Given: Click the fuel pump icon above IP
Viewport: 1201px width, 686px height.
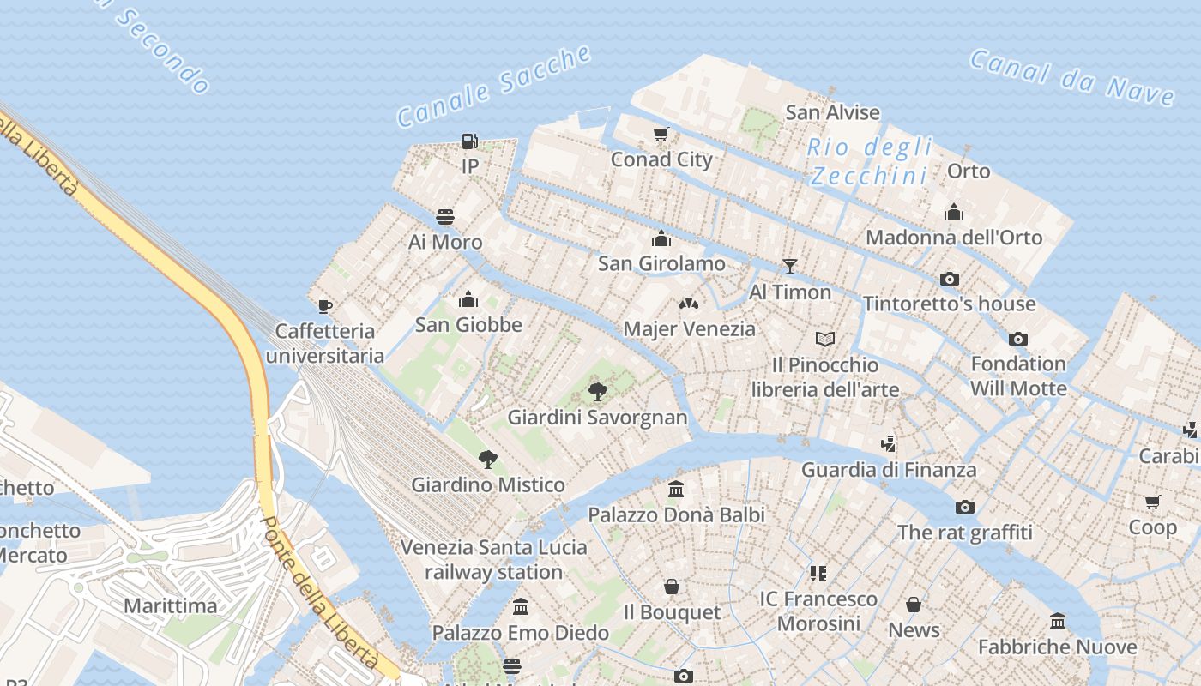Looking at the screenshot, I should tap(469, 141).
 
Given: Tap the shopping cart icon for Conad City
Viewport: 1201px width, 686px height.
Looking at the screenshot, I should tap(661, 134).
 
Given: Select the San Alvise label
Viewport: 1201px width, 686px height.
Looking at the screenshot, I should tap(833, 112).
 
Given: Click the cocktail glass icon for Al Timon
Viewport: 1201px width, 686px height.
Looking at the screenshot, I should tap(790, 266).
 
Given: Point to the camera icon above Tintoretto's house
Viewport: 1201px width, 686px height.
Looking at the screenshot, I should tap(950, 279).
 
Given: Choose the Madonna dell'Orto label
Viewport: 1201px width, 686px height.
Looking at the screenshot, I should tap(954, 238).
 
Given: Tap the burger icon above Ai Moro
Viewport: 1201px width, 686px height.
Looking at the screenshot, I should tap(445, 216).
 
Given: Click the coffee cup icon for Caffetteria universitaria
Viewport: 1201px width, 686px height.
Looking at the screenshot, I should tap(325, 305).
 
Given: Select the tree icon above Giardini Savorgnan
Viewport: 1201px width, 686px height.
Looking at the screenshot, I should tap(598, 392).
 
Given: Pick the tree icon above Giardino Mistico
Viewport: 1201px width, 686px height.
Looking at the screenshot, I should tap(488, 459).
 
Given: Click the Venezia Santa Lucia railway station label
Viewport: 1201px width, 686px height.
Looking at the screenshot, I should tap(494, 559).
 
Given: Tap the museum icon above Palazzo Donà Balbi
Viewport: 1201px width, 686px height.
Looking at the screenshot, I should tap(676, 490).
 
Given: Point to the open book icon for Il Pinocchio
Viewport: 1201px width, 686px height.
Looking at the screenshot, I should tap(825, 340).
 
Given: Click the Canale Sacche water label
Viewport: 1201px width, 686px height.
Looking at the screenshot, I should tap(495, 86).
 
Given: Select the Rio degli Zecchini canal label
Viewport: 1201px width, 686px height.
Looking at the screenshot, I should tap(869, 161).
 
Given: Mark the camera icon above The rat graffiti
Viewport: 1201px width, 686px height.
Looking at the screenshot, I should tap(965, 507).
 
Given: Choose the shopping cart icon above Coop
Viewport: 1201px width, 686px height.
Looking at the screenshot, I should tap(1152, 502).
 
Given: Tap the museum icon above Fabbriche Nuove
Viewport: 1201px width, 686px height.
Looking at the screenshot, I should tap(1058, 621).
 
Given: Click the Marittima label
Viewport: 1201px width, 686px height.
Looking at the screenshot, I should tap(171, 606).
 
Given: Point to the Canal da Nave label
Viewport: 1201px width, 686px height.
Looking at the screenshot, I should tap(1071, 78).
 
